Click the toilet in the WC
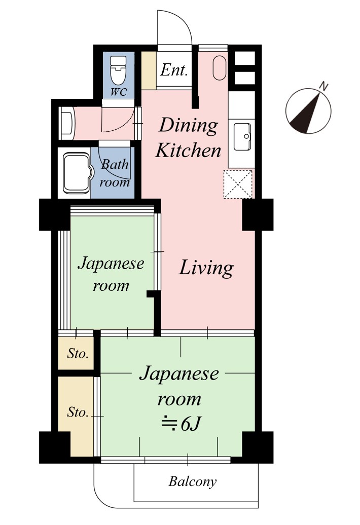pyautogui.click(x=118, y=70)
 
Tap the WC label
pyautogui.click(x=119, y=92)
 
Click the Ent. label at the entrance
pyautogui.click(x=173, y=70)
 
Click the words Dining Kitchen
pyautogui.click(x=188, y=137)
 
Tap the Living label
pyautogui.click(x=206, y=268)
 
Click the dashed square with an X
pyautogui.click(x=238, y=184)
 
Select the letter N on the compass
pyautogui.click(x=323, y=86)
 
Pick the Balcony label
pyautogui.click(x=192, y=481)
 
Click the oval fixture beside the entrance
pyautogui.click(x=220, y=67)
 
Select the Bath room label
pyautogui.click(x=115, y=173)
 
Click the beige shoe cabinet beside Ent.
pyautogui.click(x=149, y=70)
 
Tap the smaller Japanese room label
pyautogui.click(x=111, y=274)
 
